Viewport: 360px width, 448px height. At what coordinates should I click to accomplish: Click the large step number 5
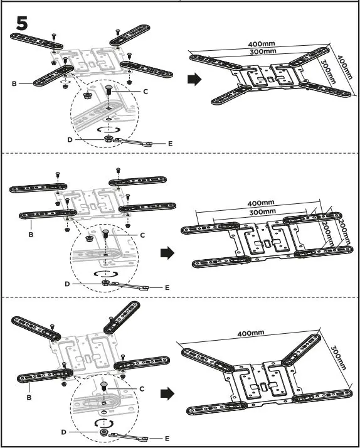pos(21,25)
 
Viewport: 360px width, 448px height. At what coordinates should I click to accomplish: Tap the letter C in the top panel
pos(146,92)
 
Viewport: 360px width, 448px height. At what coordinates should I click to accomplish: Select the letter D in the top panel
pos(70,139)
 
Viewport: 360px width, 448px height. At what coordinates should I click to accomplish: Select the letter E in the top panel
pos(171,144)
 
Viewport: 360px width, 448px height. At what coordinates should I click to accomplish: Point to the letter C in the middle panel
pos(142,235)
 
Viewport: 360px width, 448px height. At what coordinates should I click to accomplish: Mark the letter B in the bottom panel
pos(30,398)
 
